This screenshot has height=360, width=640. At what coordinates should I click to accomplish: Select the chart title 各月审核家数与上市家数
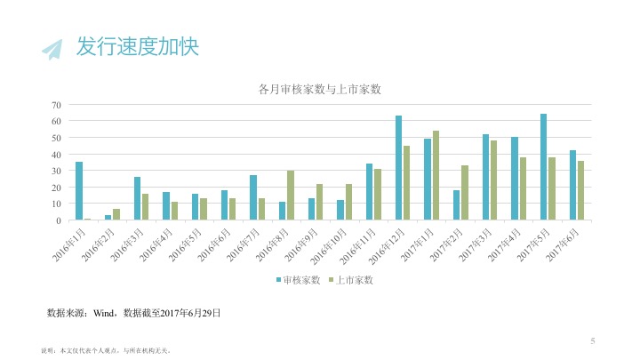[x=319, y=89]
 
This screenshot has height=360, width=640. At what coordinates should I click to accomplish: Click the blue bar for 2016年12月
[x=398, y=168]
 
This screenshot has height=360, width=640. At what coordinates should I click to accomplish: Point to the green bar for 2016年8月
[x=291, y=196]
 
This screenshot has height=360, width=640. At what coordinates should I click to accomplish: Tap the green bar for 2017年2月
[x=465, y=193]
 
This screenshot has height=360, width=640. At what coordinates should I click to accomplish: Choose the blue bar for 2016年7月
[x=253, y=197]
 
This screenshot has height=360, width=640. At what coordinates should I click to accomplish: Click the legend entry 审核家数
[x=298, y=281]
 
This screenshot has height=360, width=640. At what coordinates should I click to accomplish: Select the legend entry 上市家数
[x=353, y=281]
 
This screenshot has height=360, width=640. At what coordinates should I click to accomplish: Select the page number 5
[x=592, y=340]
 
